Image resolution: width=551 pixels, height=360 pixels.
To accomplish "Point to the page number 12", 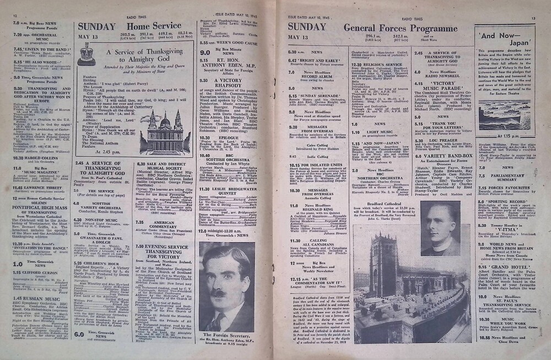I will [15, 17].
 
